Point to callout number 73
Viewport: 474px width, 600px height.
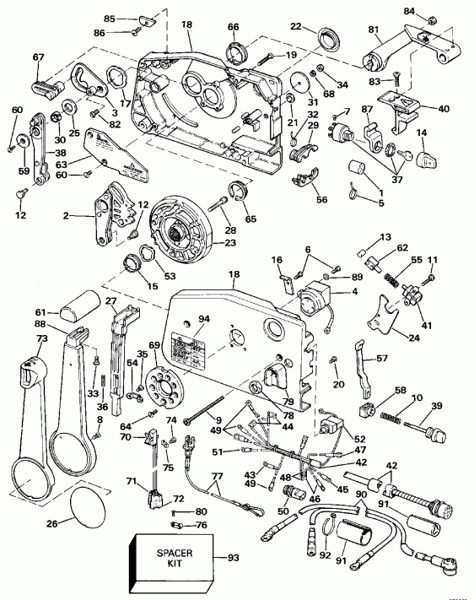tap(17, 338)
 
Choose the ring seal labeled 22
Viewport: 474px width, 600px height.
tap(325, 39)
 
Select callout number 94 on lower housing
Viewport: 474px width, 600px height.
tap(202, 319)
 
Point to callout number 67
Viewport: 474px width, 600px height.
tap(38, 57)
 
